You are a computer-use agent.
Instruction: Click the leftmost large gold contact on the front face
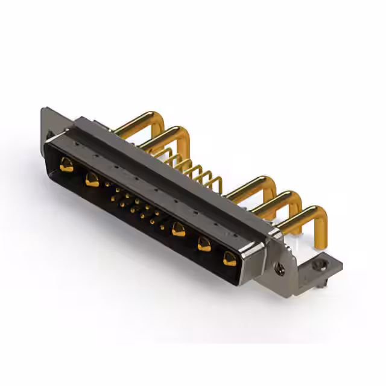(x=66, y=164)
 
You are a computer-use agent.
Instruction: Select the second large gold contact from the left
(x=92, y=179)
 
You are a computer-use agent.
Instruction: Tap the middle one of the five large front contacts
(x=178, y=229)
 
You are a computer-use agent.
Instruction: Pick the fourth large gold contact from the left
(x=204, y=244)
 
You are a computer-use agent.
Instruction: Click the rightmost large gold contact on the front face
(x=229, y=259)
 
